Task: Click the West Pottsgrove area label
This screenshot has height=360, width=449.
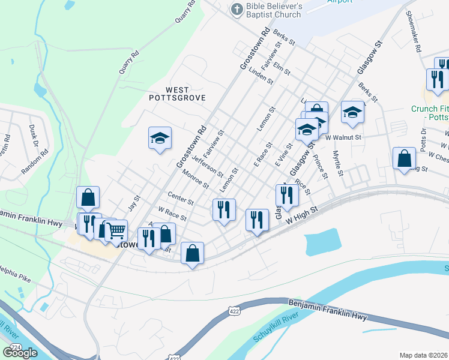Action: click(x=177, y=94)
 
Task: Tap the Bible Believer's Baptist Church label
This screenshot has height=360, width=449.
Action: click(x=273, y=11)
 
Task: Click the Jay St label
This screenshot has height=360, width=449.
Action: click(x=134, y=203)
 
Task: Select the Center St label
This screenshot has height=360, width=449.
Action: click(x=181, y=199)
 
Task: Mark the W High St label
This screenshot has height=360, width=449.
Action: click(x=300, y=216)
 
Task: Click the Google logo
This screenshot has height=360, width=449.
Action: click(x=20, y=353)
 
